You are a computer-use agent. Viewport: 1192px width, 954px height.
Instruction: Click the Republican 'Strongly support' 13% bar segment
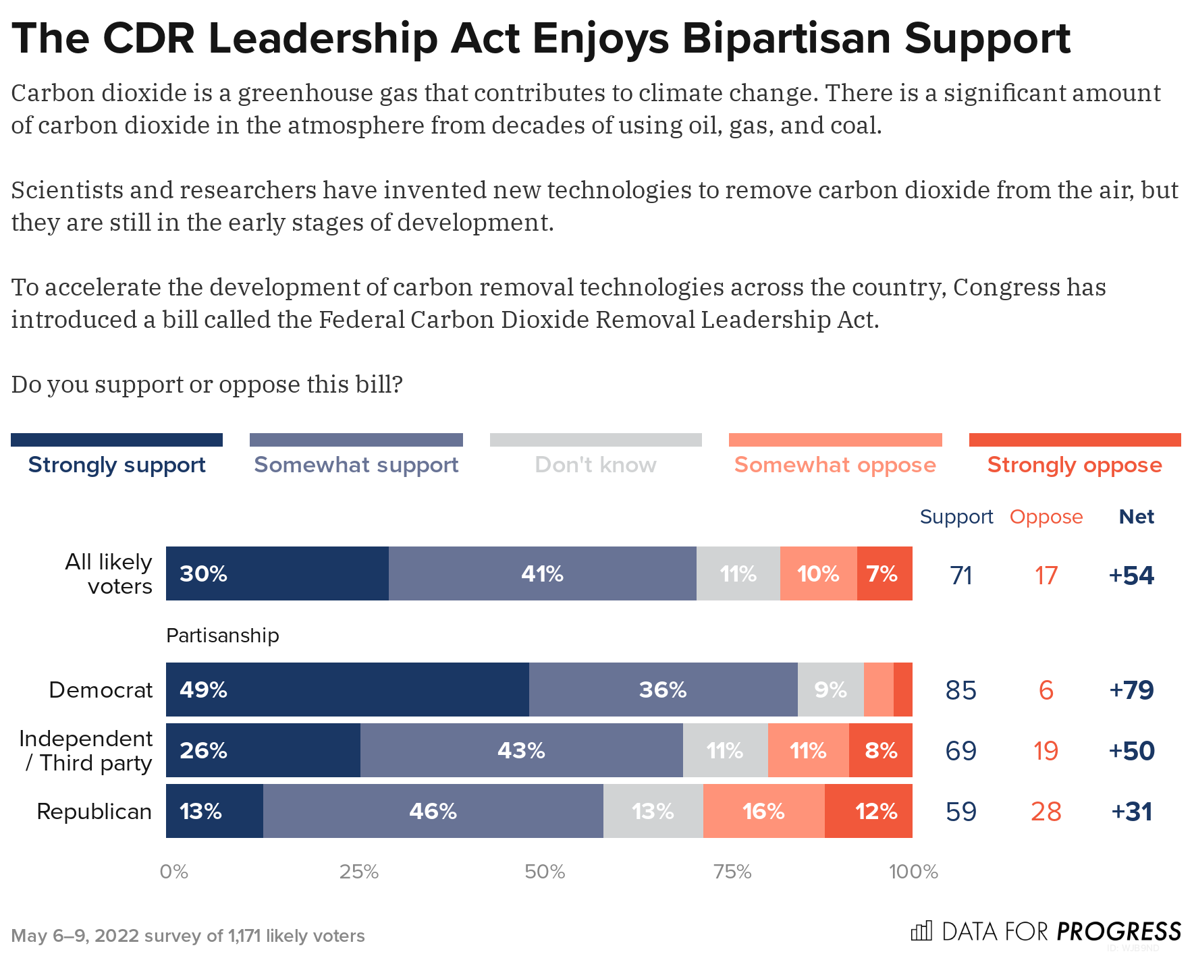(214, 811)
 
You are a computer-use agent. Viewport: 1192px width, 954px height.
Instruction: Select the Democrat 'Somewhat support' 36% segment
(663, 690)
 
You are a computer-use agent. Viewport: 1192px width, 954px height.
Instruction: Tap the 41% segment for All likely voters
(542, 573)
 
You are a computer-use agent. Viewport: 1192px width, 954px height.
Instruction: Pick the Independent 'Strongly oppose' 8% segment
(881, 750)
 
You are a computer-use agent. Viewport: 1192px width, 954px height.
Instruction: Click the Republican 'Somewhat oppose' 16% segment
(763, 811)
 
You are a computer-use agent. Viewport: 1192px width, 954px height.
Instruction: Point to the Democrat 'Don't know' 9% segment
(830, 690)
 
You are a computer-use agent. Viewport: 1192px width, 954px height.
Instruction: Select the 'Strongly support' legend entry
(117, 465)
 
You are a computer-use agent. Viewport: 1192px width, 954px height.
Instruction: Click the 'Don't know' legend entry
(595, 465)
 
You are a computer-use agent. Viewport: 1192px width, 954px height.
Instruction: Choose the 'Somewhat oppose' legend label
(835, 465)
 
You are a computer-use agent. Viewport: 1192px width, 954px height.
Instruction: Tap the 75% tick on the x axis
(732, 872)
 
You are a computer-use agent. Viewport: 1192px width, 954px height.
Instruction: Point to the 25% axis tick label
(358, 872)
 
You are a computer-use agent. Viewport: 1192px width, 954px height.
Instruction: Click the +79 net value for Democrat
(1131, 690)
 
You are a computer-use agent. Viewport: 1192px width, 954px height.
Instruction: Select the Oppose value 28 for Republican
(1046, 811)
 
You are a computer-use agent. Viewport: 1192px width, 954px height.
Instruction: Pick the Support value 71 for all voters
(960, 575)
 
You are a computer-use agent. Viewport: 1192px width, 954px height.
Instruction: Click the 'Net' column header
(1136, 517)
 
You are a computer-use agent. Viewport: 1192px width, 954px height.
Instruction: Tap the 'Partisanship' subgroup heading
(222, 636)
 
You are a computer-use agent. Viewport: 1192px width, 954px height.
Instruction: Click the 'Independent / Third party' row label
(86, 750)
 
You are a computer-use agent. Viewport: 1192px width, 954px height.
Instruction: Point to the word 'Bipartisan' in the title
(787, 38)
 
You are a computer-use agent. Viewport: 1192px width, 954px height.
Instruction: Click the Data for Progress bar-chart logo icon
(921, 931)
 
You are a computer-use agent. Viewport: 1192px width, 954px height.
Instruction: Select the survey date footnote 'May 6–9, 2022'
(75, 936)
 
